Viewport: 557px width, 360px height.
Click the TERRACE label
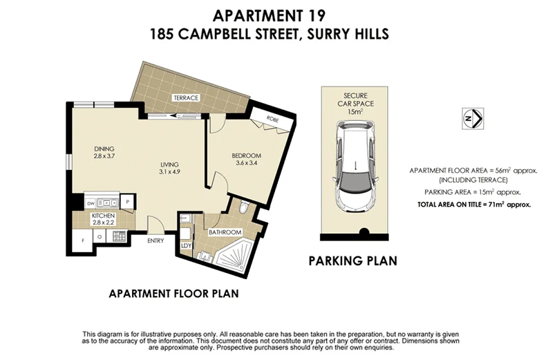tap(186, 98)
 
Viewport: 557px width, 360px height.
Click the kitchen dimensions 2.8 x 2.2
tap(103, 222)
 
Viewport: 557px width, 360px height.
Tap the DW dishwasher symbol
tap(91, 203)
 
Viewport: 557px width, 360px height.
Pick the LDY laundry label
tap(185, 245)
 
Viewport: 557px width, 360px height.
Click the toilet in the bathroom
tap(241, 208)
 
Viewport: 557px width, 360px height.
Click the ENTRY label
tap(155, 240)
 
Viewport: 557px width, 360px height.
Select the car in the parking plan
tap(353, 165)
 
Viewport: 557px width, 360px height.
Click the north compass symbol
tap(473, 118)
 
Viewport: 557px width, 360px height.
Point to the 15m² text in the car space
tap(353, 111)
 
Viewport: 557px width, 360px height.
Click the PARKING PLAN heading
tap(352, 261)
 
